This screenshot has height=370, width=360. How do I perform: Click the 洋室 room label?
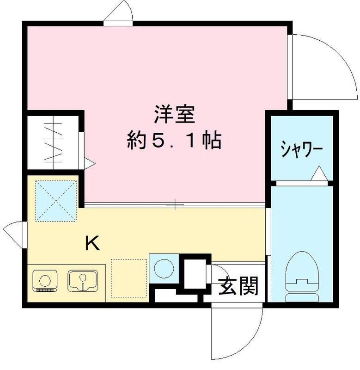click(174, 114)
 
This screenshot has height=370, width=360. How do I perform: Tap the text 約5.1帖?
click(174, 140)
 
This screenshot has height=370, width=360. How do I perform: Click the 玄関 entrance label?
click(238, 287)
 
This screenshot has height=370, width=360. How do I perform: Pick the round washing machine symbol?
click(162, 268)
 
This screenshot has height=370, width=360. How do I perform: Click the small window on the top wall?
click(118, 14)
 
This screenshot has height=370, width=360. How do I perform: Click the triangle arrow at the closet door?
click(88, 163)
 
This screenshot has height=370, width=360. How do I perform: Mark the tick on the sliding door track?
click(175, 204)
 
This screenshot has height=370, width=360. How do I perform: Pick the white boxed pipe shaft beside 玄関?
click(194, 274)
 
